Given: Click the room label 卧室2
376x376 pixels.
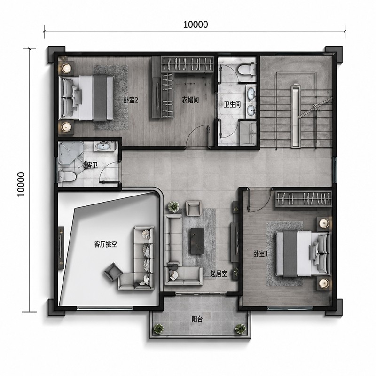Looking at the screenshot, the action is (x=131, y=100).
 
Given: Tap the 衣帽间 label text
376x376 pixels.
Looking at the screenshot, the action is (x=190, y=100).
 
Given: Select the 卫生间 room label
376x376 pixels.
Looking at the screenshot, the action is (x=232, y=104).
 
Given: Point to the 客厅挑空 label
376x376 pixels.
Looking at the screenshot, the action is (x=105, y=244).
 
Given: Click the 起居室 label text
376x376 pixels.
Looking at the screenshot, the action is (x=219, y=274).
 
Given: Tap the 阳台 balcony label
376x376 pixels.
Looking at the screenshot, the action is (x=197, y=319).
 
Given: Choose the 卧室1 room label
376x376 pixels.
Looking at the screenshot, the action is (x=260, y=254).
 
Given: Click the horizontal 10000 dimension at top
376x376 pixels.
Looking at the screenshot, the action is (x=196, y=24).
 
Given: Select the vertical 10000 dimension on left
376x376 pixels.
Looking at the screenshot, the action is (x=21, y=184).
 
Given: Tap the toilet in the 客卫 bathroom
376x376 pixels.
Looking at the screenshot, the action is (x=67, y=176).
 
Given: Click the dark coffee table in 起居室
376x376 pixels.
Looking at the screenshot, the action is (x=197, y=241).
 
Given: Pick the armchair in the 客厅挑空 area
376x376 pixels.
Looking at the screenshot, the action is (x=113, y=272).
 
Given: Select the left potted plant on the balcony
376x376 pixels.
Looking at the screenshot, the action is (x=159, y=329).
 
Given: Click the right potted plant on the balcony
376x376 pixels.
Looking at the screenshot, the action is (x=240, y=329).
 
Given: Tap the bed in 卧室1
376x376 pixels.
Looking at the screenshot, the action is (x=303, y=254).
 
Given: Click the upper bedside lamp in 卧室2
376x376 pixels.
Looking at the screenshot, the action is (x=66, y=68).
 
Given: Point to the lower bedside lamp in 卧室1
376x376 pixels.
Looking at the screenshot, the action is (x=324, y=283).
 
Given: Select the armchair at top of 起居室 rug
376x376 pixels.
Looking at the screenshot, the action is (x=193, y=208).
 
